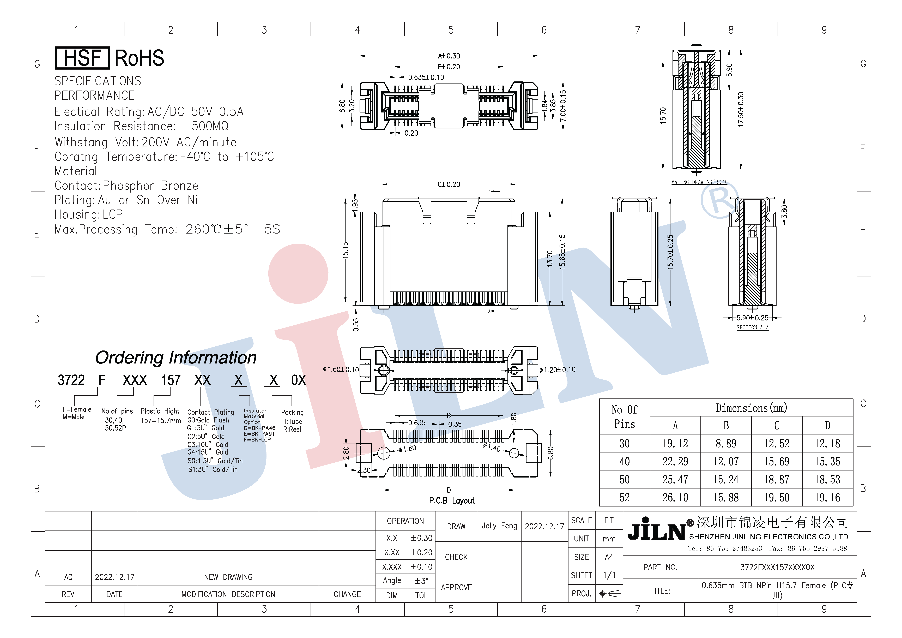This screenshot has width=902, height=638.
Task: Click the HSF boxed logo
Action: point(82,58)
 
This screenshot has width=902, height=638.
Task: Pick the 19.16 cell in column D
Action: point(827,498)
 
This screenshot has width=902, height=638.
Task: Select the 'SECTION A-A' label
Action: point(752,327)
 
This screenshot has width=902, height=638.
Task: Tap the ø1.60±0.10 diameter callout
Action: point(341,369)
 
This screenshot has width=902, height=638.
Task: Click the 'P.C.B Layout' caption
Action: point(452,500)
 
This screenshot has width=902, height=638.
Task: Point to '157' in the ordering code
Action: point(171,380)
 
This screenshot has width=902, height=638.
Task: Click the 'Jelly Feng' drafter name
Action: point(499,526)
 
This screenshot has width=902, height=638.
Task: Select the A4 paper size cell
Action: point(609,557)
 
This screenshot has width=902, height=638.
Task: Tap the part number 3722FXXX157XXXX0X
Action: point(777,567)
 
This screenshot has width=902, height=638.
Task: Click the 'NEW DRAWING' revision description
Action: point(228,577)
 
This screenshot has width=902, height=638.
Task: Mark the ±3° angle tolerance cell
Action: point(422,581)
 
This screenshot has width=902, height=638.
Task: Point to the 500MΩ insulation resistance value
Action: point(210,126)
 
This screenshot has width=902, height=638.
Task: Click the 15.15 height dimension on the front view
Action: point(345,250)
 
